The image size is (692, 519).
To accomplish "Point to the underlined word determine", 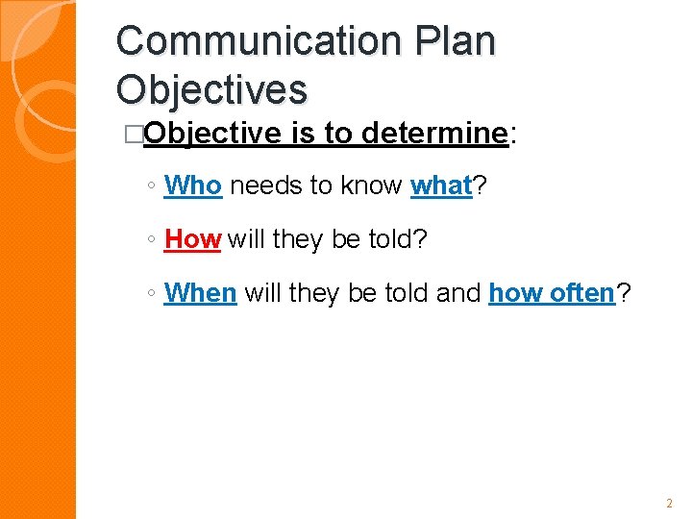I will coord(433,134).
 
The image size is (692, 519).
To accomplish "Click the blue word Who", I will coord(193,185).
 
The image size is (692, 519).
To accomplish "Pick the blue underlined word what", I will coord(441,185).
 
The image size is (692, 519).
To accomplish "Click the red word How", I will coord(192,239).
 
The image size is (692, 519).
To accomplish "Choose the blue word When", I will coord(200,293).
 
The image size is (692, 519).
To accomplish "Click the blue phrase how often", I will coord(551,293).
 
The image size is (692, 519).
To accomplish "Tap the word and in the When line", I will coord(458,293).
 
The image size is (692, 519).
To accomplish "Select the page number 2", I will coord(669,503).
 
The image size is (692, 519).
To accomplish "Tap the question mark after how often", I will coord(624,293).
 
